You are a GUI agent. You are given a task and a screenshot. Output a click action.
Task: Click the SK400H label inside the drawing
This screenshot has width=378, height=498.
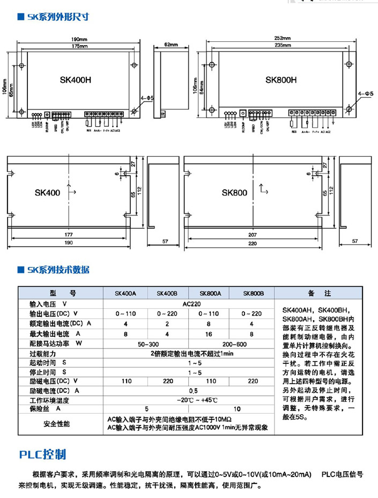tap(75, 80)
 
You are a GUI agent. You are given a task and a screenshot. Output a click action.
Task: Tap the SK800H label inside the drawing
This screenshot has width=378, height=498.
tap(280, 80)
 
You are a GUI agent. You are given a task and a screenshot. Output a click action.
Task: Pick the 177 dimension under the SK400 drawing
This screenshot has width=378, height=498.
tap(68, 235)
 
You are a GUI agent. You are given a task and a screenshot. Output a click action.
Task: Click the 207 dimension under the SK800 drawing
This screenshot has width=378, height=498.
tap(254, 235)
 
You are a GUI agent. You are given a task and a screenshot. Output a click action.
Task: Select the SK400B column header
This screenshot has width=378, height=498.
tap(167, 293)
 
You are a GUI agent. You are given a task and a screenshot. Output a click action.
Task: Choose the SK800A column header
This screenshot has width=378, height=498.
tap(210, 293)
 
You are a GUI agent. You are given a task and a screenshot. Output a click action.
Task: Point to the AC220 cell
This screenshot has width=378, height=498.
tap(189, 304)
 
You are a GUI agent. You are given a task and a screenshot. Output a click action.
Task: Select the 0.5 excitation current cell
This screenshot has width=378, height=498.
tap(189, 391)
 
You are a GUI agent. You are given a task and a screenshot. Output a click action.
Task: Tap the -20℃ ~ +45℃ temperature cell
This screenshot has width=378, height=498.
tap(189, 400)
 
